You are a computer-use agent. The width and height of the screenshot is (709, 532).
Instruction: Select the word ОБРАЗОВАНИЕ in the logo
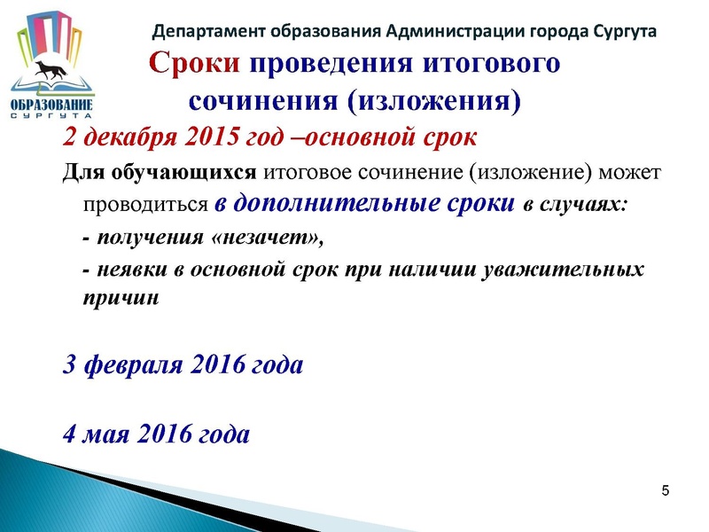pos(51,106)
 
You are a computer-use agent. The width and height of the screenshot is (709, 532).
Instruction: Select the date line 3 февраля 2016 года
pos(183,364)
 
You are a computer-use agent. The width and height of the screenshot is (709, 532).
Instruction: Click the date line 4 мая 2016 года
pos(156,434)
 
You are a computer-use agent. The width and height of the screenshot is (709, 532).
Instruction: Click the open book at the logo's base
pos(53,87)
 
